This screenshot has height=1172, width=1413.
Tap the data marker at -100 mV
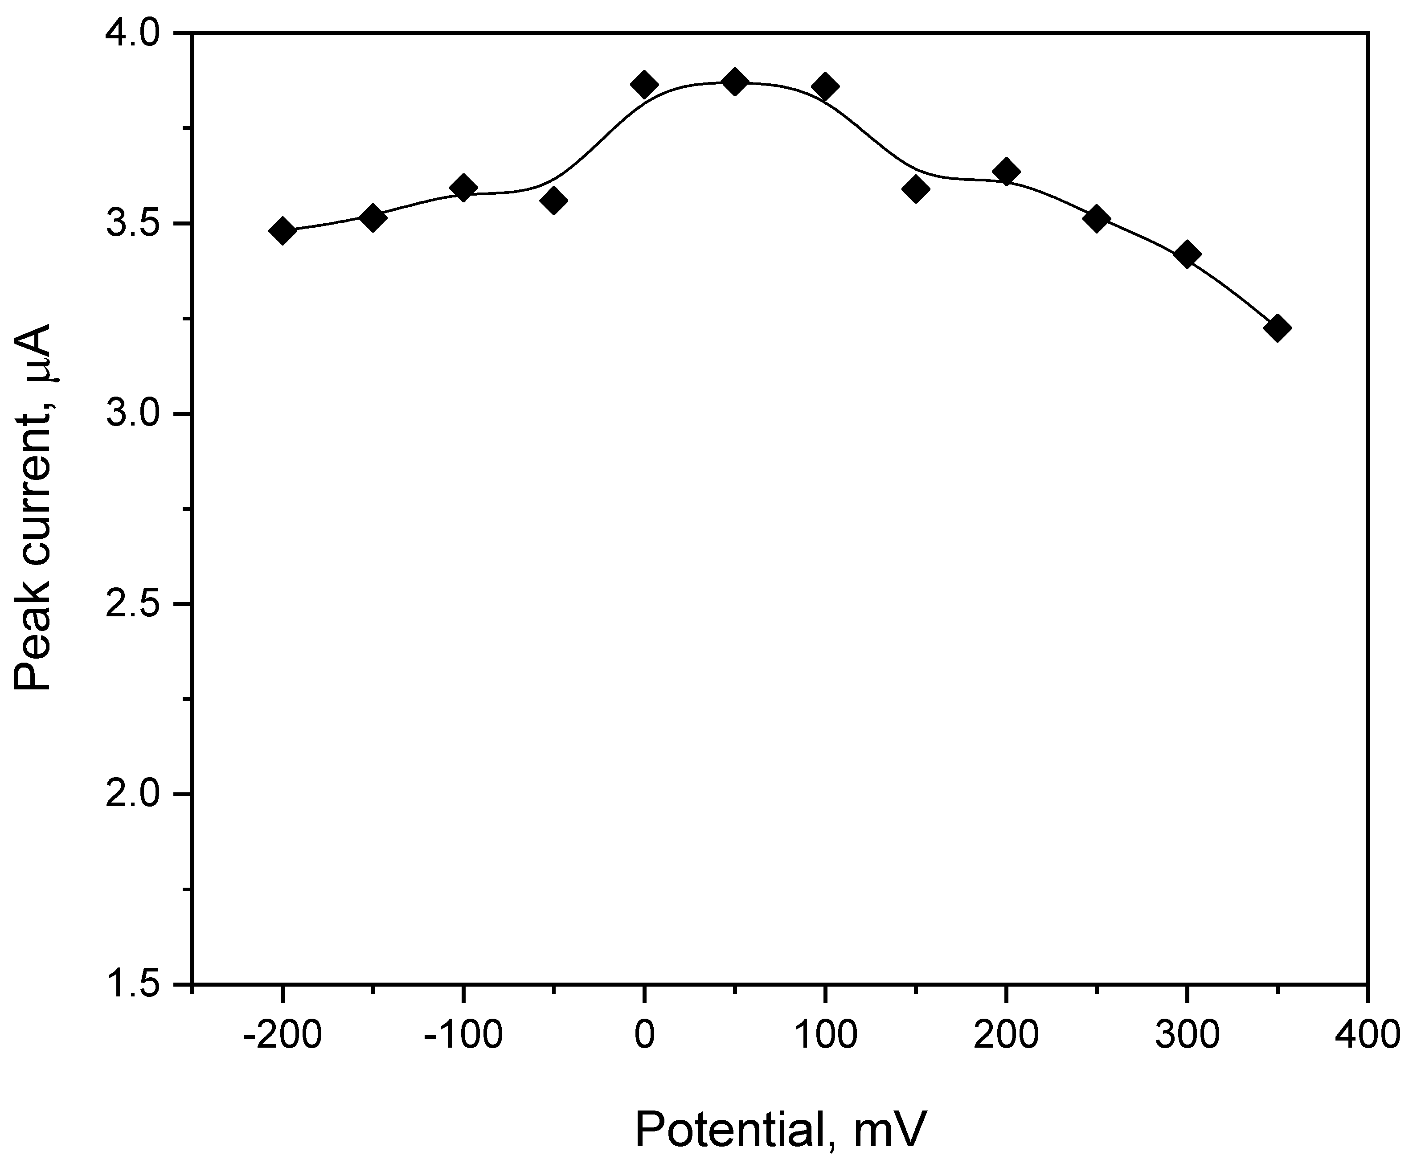click(463, 187)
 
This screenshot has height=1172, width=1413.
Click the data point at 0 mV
click(644, 84)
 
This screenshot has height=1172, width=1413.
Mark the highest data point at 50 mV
click(735, 82)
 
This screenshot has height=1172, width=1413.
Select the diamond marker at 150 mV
click(916, 189)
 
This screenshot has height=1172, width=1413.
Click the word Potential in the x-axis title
click(730, 1130)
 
